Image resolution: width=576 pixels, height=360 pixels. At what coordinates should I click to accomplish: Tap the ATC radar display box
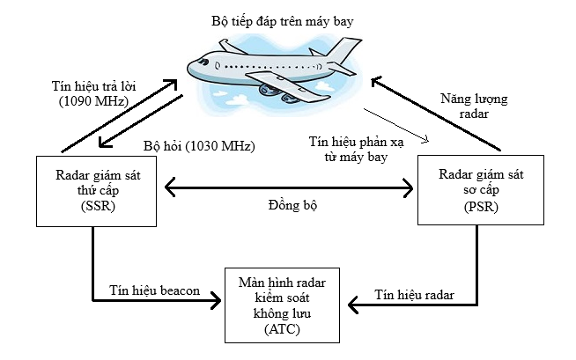click(x=281, y=305)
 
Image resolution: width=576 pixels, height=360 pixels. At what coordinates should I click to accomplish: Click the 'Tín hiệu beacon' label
click(x=154, y=290)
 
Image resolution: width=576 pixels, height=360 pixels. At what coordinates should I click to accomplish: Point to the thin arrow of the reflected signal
click(x=396, y=125)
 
